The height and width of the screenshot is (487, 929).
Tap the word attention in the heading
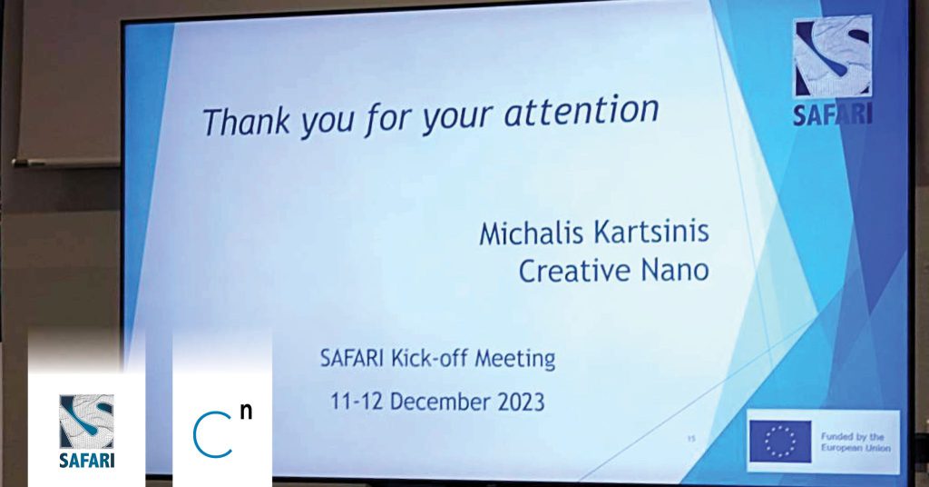(x=582, y=111)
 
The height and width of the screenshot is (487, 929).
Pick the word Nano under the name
(x=675, y=271)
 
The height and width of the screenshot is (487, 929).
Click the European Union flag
(x=781, y=442)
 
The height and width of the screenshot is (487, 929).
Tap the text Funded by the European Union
(x=855, y=442)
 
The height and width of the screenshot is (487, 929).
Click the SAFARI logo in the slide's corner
(x=833, y=71)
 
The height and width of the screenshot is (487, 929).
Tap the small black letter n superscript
(x=247, y=412)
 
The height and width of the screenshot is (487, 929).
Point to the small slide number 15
(x=690, y=439)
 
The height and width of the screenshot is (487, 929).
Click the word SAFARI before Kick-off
(x=354, y=359)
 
